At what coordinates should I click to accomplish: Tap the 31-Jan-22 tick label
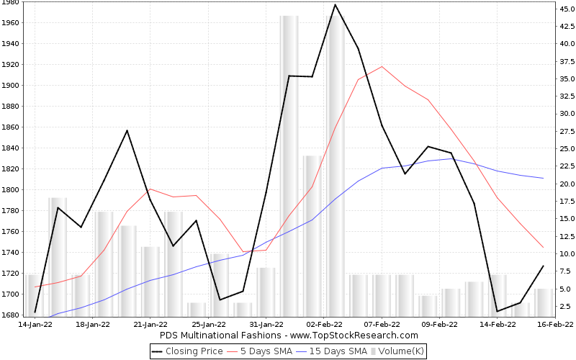(x=266, y=325)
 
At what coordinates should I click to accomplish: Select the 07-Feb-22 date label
(x=382, y=325)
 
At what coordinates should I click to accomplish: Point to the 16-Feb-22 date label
(x=556, y=325)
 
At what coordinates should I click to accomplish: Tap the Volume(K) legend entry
(x=400, y=351)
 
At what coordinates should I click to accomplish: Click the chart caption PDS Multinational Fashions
(x=288, y=336)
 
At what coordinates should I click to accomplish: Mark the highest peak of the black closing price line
(x=335, y=5)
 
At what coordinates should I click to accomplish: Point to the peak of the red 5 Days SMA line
(x=382, y=66)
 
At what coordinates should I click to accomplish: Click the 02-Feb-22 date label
(x=323, y=325)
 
